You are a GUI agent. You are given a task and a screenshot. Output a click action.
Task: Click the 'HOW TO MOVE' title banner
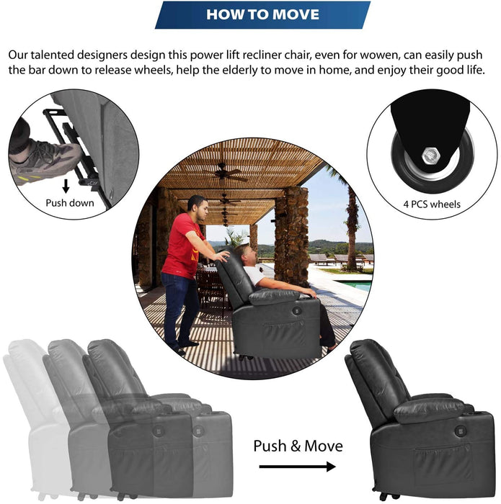[x=262, y=15]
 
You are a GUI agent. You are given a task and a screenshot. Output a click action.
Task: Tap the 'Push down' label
[x=70, y=203]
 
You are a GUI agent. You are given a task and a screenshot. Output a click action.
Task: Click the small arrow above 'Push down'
[x=66, y=186]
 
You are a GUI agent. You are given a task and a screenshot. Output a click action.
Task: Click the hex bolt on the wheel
[x=431, y=156]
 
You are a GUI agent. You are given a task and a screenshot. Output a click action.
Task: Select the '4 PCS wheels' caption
[x=432, y=204]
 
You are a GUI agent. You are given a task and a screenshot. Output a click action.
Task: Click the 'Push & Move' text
[x=298, y=446]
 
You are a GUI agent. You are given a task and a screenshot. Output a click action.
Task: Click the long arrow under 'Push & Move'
[x=297, y=467]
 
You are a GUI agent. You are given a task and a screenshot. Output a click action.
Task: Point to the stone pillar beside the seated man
[x=292, y=235]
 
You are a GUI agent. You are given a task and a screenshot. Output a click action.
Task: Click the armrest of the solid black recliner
[x=429, y=410]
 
